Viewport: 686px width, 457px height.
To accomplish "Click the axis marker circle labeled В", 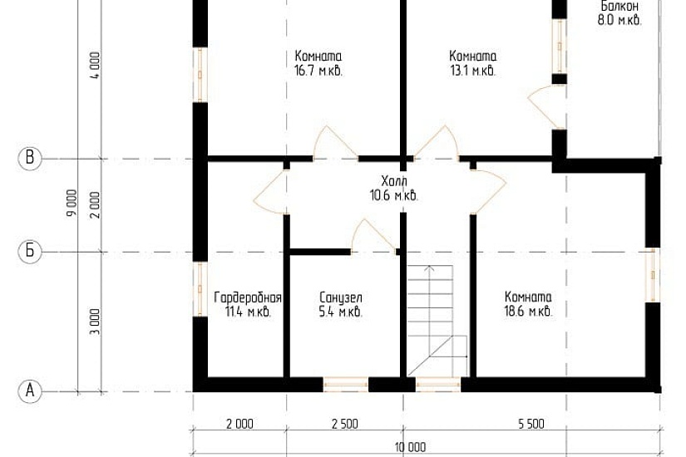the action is tap(30, 158).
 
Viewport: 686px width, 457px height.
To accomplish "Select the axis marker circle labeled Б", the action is tap(30, 251).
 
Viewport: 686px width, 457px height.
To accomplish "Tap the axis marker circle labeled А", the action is tap(30, 390).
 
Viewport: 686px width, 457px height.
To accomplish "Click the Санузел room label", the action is tap(341, 297).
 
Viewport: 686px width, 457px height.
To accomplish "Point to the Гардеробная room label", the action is tap(248, 297).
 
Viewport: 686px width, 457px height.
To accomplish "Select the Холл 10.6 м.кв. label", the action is tap(394, 188).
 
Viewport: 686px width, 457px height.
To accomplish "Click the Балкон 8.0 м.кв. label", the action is tap(619, 13).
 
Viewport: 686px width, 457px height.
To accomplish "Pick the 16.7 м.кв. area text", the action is tap(318, 71).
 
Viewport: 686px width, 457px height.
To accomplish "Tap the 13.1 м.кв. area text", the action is tap(473, 71).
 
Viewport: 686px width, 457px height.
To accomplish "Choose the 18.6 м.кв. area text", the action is tap(528, 312).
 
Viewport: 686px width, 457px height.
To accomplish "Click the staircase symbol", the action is tap(437, 320).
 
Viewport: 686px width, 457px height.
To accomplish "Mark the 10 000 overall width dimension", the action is tap(410, 447).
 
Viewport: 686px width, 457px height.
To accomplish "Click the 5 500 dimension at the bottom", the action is tap(531, 423).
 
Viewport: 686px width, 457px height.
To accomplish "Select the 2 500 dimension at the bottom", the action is tap(345, 423).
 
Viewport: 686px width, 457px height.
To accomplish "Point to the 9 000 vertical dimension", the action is tap(72, 202).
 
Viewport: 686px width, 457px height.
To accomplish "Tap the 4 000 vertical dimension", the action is tap(96, 65).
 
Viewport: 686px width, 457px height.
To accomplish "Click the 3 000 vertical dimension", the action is tap(96, 322).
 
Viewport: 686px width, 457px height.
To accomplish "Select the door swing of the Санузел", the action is tap(372, 234).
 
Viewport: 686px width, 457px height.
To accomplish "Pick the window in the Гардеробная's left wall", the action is tap(200, 288).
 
